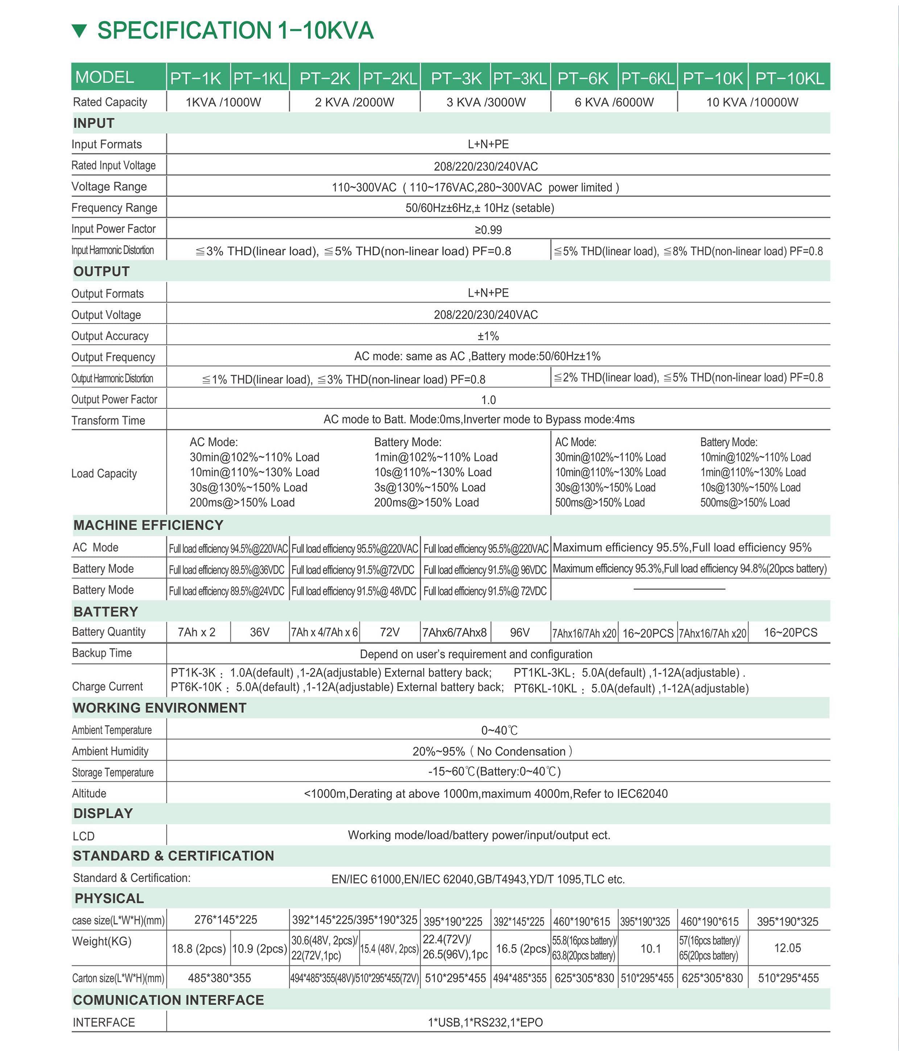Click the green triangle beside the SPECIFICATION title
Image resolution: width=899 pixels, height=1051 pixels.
(80, 31)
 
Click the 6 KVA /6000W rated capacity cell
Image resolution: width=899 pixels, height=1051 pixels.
(614, 102)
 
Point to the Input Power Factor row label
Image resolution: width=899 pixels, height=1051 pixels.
(114, 229)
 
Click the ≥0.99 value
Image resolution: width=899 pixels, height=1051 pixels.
(488, 230)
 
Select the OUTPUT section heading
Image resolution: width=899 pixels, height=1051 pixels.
(102, 271)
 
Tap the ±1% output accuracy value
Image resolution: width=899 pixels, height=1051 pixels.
(488, 336)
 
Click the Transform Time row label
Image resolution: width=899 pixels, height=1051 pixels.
(108, 420)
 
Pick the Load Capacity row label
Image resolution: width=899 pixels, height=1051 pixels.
(104, 473)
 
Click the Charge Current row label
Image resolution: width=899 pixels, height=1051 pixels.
(107, 686)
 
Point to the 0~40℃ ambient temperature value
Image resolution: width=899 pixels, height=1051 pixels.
(499, 730)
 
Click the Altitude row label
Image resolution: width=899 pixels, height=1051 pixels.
(89, 793)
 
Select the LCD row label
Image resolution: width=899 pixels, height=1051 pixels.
(84, 836)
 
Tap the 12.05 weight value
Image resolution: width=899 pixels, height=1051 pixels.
(787, 948)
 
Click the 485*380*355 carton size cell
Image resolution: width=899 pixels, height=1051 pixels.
(219, 978)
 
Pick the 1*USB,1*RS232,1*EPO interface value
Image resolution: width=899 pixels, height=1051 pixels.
(485, 1022)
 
